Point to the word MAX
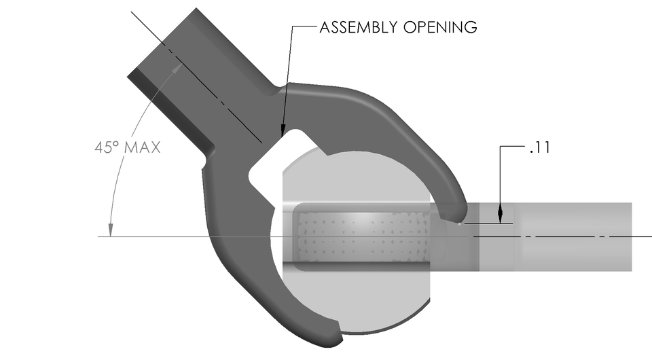coord(143,147)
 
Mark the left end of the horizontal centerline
coord(99,236)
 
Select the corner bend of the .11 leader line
coord(501,147)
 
